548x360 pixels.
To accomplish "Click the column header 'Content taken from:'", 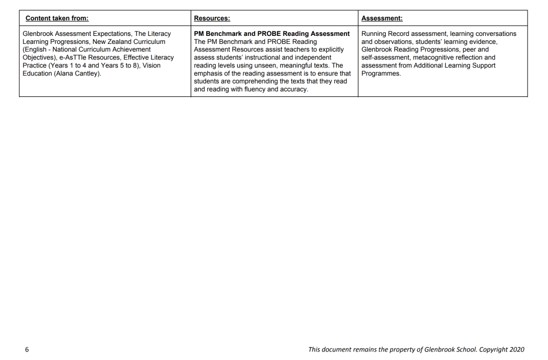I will pyautogui.click(x=57, y=18).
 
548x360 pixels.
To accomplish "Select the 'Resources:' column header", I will pyautogui.click(x=212, y=18).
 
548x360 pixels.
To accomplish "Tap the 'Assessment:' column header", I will pyautogui.click(x=382, y=18).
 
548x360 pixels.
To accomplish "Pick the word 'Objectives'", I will pyautogui.click(x=40, y=57).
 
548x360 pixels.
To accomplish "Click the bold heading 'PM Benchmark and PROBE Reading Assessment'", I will pyautogui.click(x=272, y=34).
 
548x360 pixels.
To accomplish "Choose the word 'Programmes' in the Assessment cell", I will pyautogui.click(x=381, y=73).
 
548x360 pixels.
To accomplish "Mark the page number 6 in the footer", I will pyautogui.click(x=27, y=349).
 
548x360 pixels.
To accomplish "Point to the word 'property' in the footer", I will pyautogui.click(x=409, y=349).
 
